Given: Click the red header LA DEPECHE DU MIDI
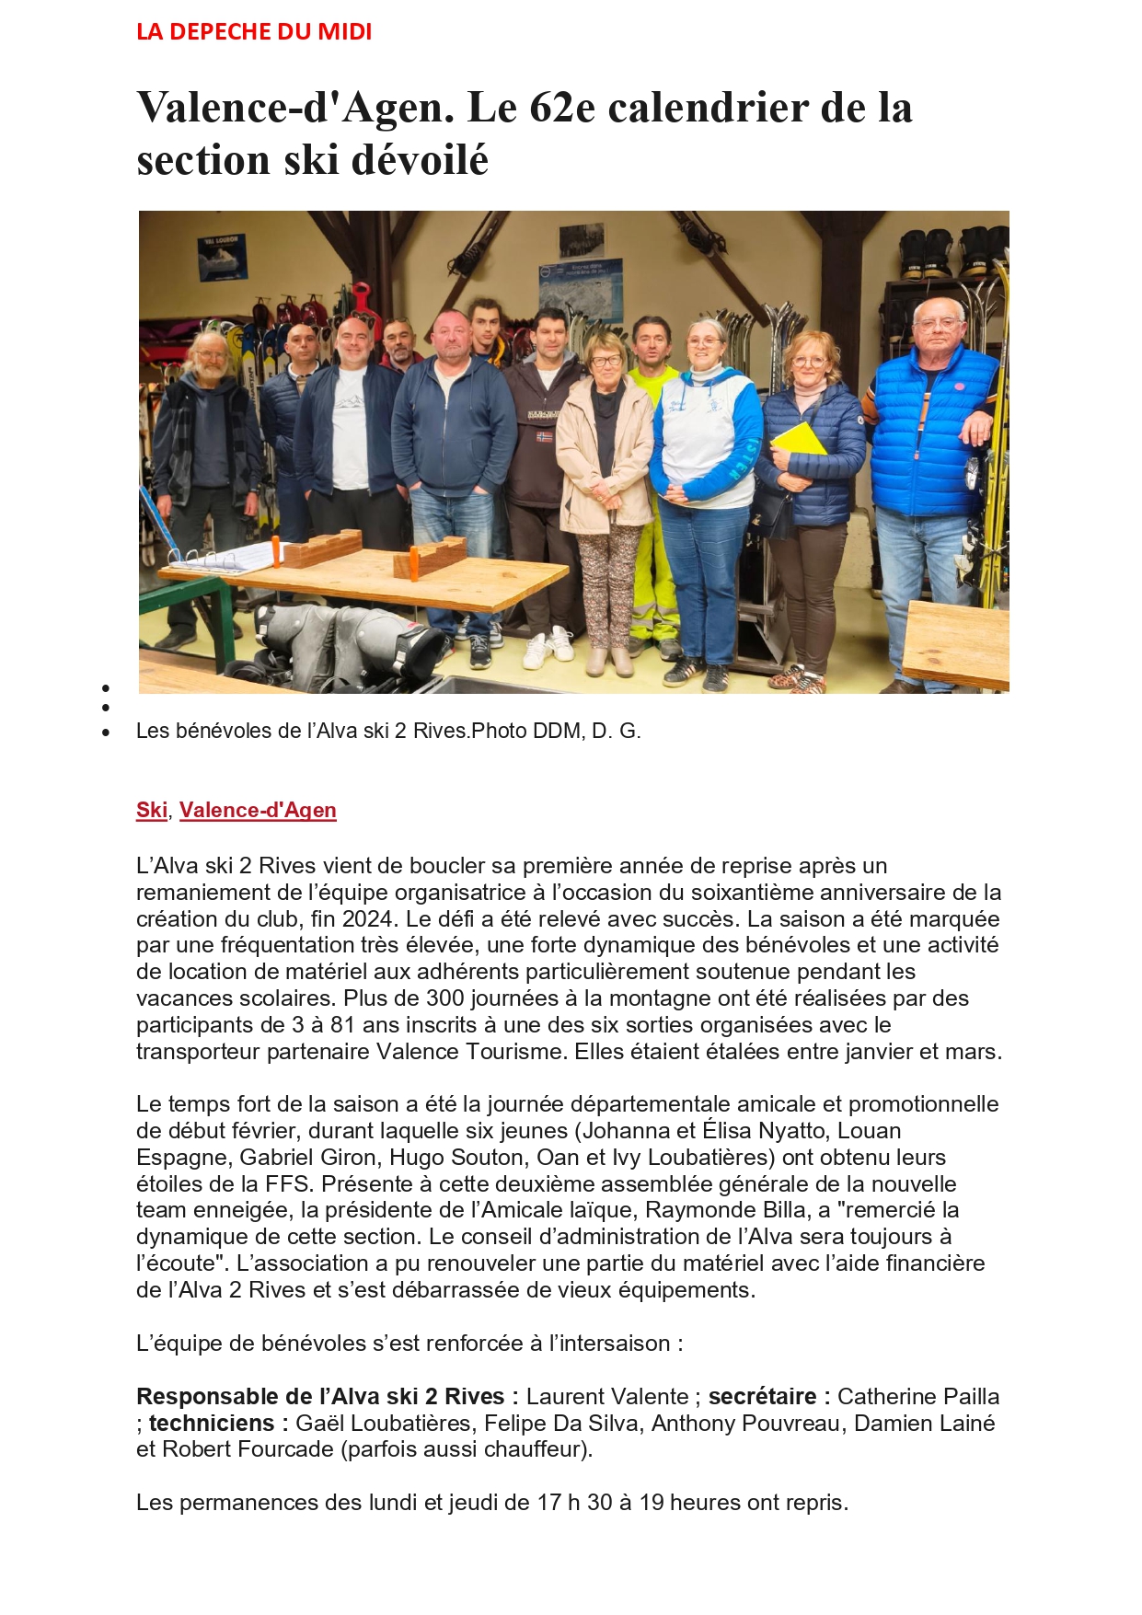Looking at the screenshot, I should [x=254, y=32].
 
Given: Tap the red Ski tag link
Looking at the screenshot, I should [x=151, y=810].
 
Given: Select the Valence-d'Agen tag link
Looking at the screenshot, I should [x=258, y=810].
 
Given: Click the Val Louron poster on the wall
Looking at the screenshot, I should [x=222, y=257].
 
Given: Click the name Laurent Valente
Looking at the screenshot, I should [x=607, y=1397].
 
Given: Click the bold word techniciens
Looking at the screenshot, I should [x=211, y=1424].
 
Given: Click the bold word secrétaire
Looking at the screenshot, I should [x=762, y=1397].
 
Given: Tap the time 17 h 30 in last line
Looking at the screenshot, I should [x=575, y=1503].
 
